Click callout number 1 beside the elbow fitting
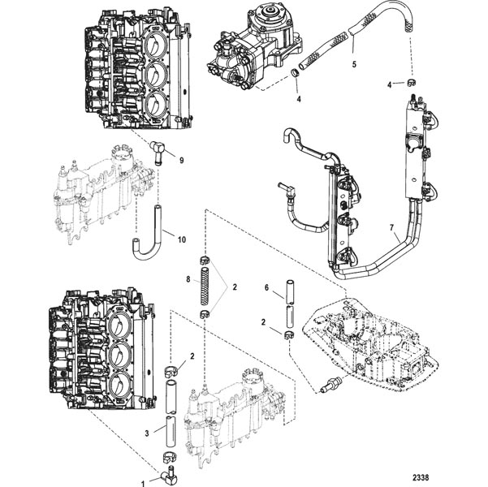pyautogui.click(x=143, y=484)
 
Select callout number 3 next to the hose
pyautogui.click(x=147, y=433)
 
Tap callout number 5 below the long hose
pyautogui.click(x=354, y=64)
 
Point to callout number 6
pyautogui.click(x=266, y=288)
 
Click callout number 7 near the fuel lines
pyautogui.click(x=392, y=228)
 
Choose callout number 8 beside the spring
pyautogui.click(x=188, y=279)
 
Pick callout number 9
pyautogui.click(x=181, y=160)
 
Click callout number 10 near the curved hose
pyautogui.click(x=181, y=239)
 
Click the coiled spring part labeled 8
pyautogui.click(x=205, y=286)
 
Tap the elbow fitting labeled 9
pyautogui.click(x=158, y=149)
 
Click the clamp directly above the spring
pyautogui.click(x=205, y=259)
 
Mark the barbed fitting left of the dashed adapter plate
pyautogui.click(x=331, y=384)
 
